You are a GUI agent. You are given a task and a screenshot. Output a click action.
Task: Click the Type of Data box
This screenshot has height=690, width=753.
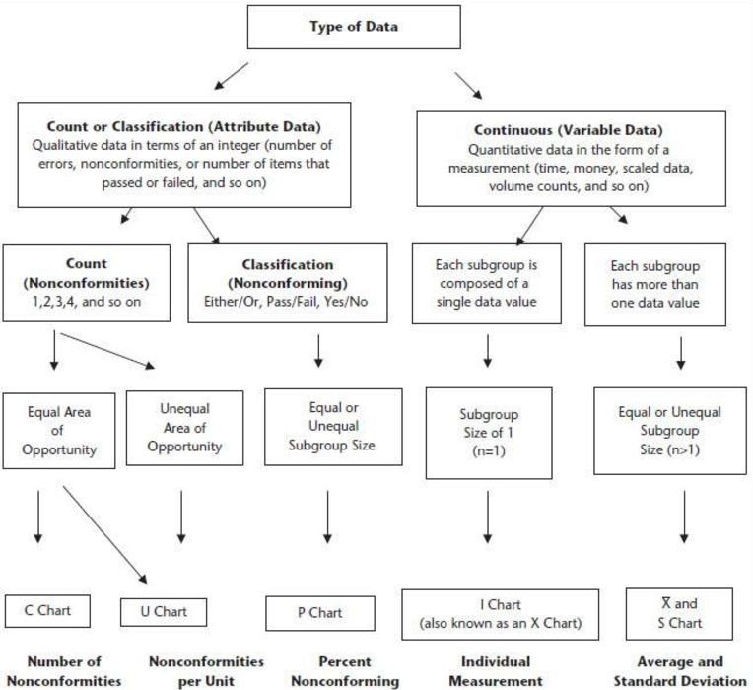point(354,27)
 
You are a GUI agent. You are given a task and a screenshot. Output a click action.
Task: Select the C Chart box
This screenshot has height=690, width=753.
point(47,611)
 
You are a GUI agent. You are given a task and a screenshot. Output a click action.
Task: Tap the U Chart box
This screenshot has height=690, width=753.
point(164,612)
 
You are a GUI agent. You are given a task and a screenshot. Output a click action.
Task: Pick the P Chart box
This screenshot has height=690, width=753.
point(320,613)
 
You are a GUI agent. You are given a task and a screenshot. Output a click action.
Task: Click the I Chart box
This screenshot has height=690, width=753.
point(501,615)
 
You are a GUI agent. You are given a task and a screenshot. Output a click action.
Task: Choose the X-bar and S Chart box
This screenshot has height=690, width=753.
point(679,614)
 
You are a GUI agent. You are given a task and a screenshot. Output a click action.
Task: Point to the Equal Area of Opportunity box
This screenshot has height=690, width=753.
point(59,431)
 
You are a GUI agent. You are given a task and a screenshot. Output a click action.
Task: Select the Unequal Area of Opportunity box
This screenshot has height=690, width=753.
point(185,428)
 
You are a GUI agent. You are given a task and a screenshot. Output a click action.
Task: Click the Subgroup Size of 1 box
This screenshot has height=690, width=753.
point(489,433)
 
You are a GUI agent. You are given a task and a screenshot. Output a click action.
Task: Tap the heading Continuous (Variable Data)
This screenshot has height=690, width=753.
point(569,130)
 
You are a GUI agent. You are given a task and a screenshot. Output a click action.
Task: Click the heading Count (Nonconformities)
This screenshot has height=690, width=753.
point(87,273)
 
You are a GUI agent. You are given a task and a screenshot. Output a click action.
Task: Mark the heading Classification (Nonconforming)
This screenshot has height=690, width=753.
point(287,274)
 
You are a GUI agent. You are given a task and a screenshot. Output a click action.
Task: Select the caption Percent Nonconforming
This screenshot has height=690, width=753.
point(345,671)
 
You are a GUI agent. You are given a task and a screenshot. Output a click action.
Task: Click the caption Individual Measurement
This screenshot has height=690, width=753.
point(496,671)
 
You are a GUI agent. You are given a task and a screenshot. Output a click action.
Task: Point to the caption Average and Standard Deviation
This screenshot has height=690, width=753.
point(680,671)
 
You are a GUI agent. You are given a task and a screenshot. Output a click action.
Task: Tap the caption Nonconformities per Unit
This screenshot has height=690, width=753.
point(207,671)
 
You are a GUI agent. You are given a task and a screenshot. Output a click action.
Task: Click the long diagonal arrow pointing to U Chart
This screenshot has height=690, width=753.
point(105,535)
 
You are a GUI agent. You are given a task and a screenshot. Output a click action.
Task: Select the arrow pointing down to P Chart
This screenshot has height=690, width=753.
point(327,517)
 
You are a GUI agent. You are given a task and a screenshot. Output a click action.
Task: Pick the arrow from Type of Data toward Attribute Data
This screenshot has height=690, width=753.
point(231,76)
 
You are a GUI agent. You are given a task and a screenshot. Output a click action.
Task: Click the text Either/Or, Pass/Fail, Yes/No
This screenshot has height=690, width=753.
point(286,302)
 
